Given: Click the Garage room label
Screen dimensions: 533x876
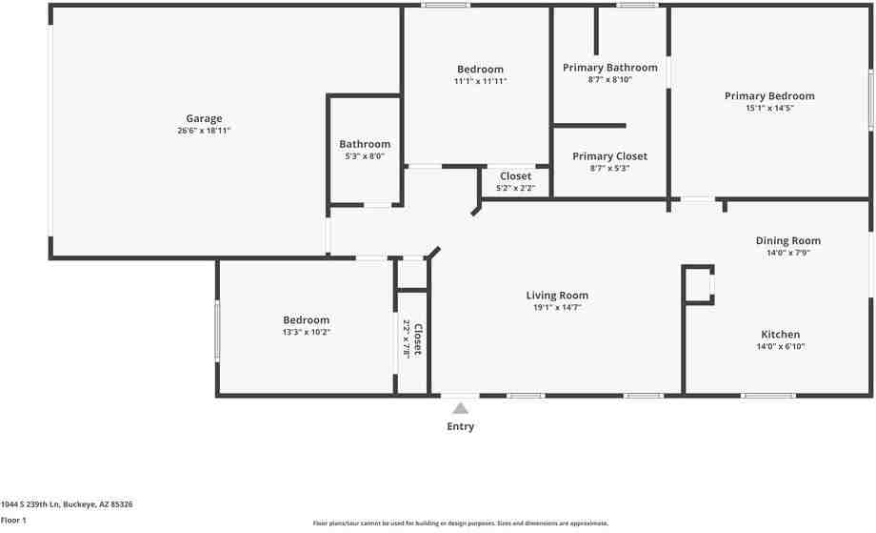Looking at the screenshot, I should (x=204, y=118).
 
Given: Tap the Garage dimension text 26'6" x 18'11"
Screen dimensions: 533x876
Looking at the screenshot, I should (x=204, y=131).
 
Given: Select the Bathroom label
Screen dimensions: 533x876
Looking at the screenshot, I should (x=365, y=144).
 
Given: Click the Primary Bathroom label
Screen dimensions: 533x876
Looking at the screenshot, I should (x=609, y=68).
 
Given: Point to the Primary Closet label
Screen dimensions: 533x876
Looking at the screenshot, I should (x=609, y=156).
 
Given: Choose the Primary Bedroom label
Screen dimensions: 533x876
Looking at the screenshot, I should (x=769, y=96).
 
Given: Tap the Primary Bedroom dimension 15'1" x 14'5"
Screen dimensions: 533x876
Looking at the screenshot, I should (x=769, y=109).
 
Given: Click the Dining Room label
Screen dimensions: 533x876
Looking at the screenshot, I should (x=787, y=241).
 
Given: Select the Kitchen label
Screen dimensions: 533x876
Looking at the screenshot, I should (x=780, y=335).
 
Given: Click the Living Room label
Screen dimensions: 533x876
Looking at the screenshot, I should (x=557, y=296).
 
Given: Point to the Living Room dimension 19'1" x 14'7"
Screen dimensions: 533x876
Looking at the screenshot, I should (x=557, y=308).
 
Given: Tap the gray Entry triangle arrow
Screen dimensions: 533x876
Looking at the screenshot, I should (x=460, y=408).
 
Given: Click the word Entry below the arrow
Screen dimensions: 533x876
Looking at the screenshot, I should (x=460, y=426).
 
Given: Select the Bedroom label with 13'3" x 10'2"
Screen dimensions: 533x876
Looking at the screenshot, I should (x=306, y=320).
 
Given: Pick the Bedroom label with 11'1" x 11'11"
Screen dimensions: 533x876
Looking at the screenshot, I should (x=480, y=70).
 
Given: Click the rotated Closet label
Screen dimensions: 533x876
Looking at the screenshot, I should (x=417, y=338).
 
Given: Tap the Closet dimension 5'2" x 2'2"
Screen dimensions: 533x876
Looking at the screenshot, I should (x=515, y=189).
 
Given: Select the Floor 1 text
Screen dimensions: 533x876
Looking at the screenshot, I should (x=13, y=520).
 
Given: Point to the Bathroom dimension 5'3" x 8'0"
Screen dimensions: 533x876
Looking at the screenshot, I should (x=365, y=156).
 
